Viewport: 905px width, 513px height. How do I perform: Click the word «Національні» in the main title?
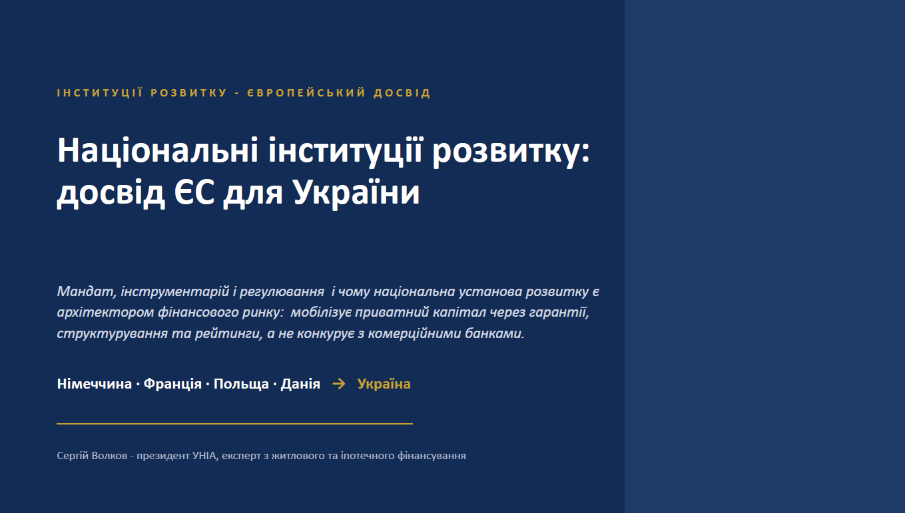tap(158, 151)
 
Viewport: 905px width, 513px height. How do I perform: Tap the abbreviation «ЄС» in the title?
tap(194, 192)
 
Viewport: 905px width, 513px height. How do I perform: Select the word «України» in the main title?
tap(356, 192)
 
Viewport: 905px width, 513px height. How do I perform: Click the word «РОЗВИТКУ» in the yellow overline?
tap(188, 93)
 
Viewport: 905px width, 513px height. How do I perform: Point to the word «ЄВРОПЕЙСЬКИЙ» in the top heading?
tap(306, 93)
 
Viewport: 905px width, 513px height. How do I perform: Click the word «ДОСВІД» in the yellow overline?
tap(402, 93)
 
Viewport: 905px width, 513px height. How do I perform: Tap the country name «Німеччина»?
tap(94, 384)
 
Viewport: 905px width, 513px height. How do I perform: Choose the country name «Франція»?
tap(172, 384)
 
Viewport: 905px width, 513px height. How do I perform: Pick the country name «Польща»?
tap(241, 384)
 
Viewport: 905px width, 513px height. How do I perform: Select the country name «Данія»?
tap(300, 384)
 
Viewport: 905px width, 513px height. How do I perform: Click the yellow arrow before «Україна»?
tap(339, 383)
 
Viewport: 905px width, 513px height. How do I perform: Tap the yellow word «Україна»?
tap(384, 384)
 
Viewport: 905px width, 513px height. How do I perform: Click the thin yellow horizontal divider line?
tap(234, 424)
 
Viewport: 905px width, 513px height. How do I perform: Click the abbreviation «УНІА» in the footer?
tap(205, 456)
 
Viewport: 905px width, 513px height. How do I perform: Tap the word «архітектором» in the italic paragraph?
tap(105, 313)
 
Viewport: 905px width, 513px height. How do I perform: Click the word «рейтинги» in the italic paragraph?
tap(228, 334)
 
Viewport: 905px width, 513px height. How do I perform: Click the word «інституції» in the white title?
tap(346, 151)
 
